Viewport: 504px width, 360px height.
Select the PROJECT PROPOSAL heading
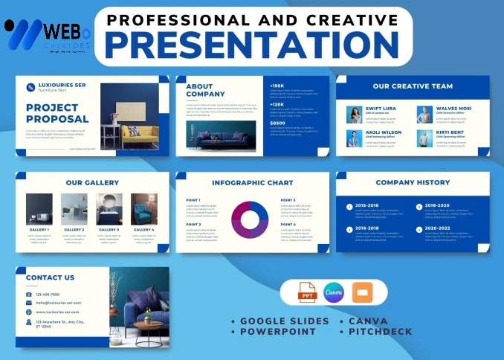(57, 113)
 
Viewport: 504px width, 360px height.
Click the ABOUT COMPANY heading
(200, 90)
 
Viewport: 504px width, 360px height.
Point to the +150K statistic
(277, 86)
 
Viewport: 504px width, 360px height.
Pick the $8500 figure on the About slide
(277, 123)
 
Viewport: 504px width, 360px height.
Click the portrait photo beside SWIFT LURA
(354, 114)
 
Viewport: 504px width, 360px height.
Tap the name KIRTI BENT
(450, 132)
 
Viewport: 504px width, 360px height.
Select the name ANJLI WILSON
(384, 132)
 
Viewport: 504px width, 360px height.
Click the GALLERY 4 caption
(144, 230)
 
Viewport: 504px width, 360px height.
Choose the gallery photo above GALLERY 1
(39, 209)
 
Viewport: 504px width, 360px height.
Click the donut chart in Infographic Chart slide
(250, 219)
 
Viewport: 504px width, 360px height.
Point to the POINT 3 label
(288, 200)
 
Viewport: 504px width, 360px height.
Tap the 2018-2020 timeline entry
(437, 205)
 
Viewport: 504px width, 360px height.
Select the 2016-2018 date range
(367, 229)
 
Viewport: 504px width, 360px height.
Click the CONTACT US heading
(51, 277)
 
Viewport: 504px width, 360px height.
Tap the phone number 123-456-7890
(48, 295)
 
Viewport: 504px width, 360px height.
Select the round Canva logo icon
(334, 293)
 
